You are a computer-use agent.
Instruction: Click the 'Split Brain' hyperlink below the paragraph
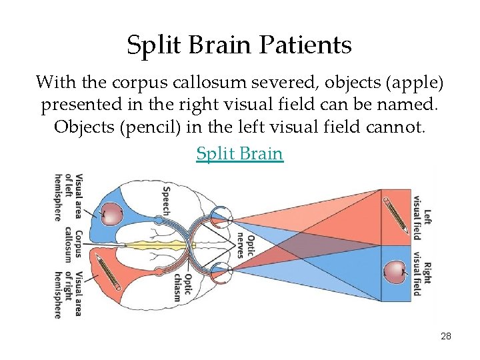(x=239, y=153)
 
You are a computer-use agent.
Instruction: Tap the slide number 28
(x=446, y=336)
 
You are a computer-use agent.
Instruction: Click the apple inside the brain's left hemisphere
(x=113, y=214)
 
